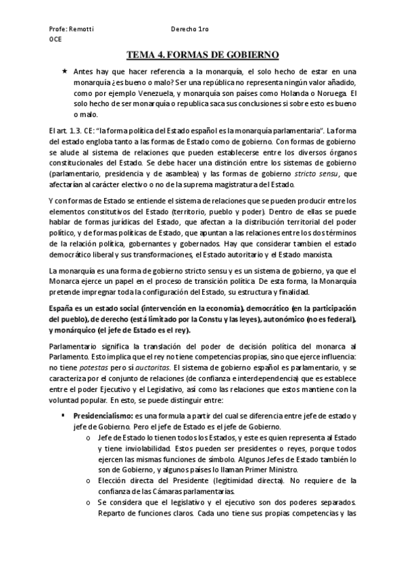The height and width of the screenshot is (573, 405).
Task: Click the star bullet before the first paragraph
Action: point(64,70)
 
